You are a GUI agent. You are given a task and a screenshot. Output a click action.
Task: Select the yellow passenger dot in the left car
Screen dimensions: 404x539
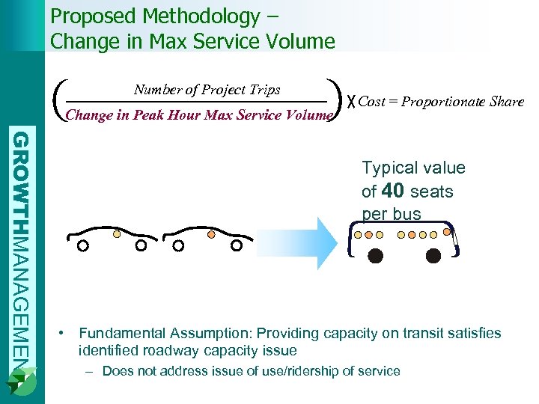click(116, 233)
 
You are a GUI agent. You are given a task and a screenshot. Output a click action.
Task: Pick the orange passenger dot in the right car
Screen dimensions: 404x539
click(211, 233)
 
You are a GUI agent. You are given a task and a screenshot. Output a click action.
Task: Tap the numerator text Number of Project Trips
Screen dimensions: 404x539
click(207, 90)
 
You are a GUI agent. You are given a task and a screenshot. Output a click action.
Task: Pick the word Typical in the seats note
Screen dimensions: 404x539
click(391, 168)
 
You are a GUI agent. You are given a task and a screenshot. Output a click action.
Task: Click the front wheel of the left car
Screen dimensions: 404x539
click(83, 245)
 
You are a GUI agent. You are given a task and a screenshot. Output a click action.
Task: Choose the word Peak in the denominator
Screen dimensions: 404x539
click(148, 114)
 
